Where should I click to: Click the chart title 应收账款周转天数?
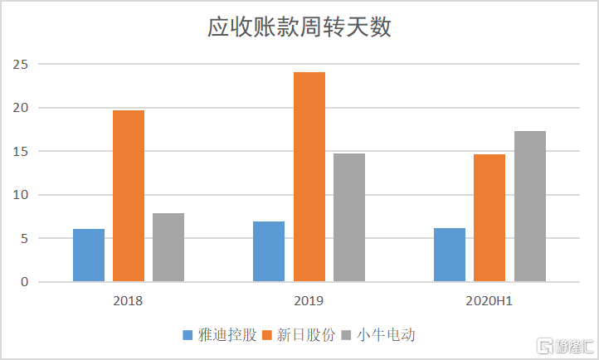tap(299, 27)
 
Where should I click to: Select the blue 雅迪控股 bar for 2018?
tap(89, 255)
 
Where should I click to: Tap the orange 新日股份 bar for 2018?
tap(129, 197)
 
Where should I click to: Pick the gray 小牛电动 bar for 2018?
tap(168, 248)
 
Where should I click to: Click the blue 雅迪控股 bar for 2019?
tap(269, 252)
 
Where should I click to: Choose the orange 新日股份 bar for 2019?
tap(309, 178)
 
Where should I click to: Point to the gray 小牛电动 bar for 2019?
tap(348, 218)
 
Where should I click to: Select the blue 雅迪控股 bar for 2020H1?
tap(450, 255)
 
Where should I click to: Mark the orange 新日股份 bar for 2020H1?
tap(489, 218)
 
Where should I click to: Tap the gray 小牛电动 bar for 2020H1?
tap(529, 207)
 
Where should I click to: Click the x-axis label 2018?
tap(128, 300)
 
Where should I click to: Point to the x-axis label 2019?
tap(309, 300)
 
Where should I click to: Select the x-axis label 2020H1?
tap(489, 300)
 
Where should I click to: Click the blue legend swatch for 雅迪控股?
tap(188, 336)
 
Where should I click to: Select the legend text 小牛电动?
tap(386, 336)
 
